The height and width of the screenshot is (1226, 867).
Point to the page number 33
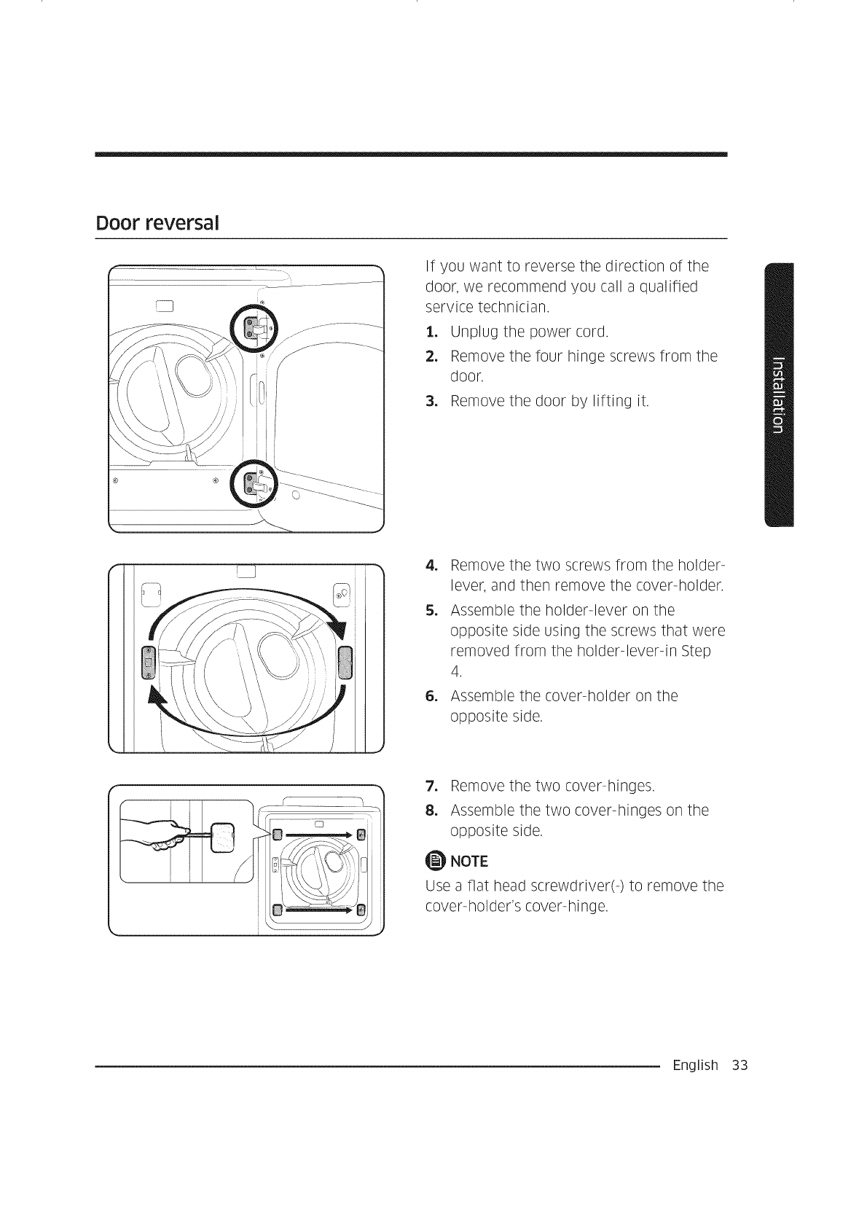point(740,1066)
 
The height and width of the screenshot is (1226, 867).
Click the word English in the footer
point(696,1066)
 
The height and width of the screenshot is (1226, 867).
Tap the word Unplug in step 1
point(474,332)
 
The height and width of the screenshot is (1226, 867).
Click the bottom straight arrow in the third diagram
point(319,909)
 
